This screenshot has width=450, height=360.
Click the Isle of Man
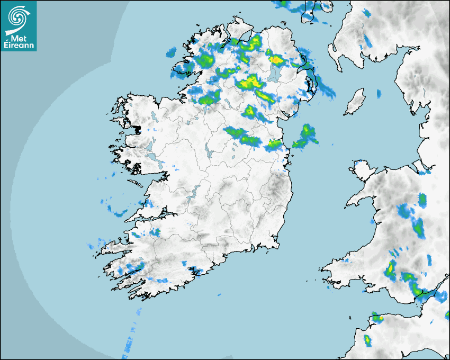(x=355, y=102)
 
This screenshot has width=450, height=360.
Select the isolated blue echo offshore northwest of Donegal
(x=170, y=52)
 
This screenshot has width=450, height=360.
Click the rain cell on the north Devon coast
(x=376, y=317)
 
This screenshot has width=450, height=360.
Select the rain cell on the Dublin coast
(x=274, y=143)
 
